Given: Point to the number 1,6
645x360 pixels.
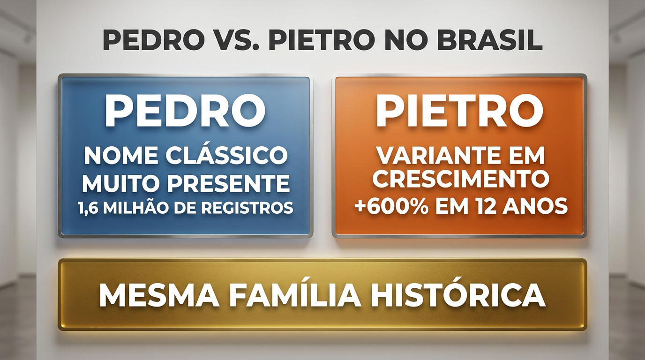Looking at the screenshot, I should [x=87, y=208].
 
